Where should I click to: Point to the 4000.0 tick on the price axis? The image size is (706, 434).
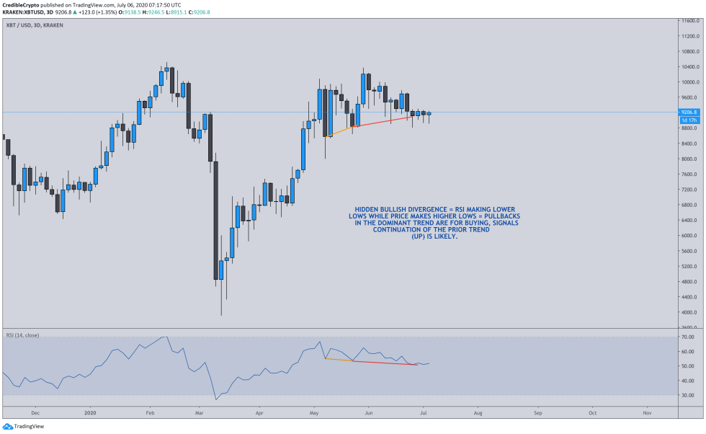pyautogui.click(x=691, y=312)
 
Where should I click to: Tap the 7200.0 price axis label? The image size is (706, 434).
pyautogui.click(x=691, y=190)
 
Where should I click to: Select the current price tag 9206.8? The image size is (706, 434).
pyautogui.click(x=690, y=112)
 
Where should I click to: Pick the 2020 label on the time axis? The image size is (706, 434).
pyautogui.click(x=89, y=413)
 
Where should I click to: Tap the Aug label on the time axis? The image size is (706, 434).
pyautogui.click(x=478, y=413)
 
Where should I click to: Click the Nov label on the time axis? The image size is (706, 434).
pyautogui.click(x=646, y=413)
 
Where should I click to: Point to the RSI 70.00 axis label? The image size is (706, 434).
pyautogui.click(x=690, y=337)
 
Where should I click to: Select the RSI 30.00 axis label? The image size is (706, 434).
pyautogui.click(x=690, y=395)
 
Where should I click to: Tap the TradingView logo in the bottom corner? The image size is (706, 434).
pyautogui.click(x=22, y=426)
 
